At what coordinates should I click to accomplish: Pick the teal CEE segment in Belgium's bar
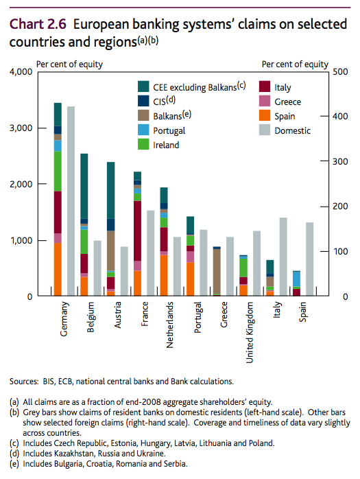84,186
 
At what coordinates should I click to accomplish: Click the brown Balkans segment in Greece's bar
217,271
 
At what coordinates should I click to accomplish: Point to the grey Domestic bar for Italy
283,257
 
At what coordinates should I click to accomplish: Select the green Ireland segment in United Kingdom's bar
243,268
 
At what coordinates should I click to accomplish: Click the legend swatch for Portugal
143,130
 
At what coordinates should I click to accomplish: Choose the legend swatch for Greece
263,102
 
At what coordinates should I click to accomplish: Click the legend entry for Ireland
166,145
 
